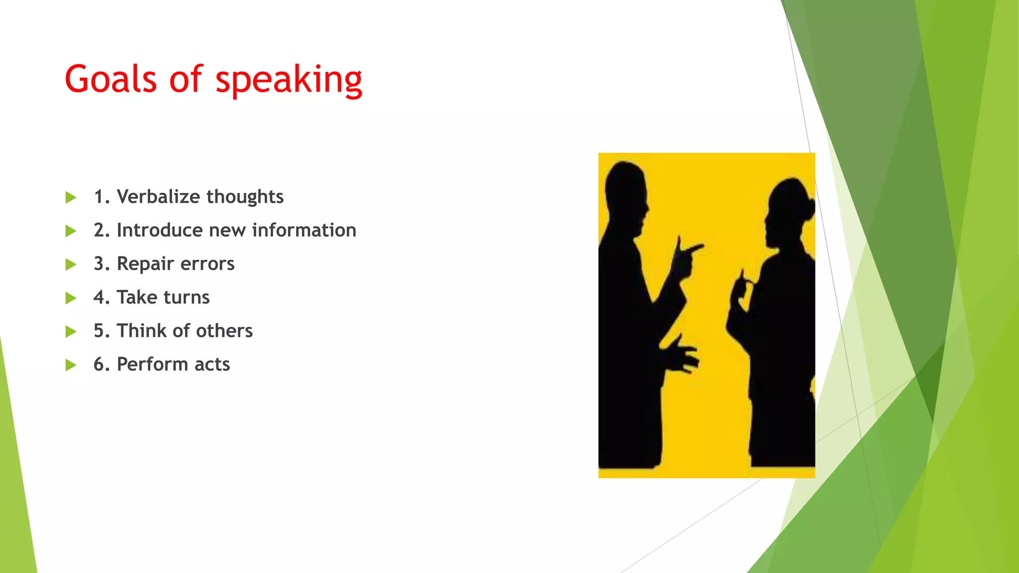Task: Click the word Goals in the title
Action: tap(110, 80)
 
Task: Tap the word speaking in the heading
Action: tap(289, 81)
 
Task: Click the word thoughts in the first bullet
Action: tap(245, 197)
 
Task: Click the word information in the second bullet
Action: tap(304, 230)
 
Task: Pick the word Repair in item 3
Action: tap(145, 264)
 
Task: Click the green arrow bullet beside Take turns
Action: tap(71, 298)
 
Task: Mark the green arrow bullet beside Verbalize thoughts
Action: tap(71, 197)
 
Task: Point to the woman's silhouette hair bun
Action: tap(808, 204)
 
